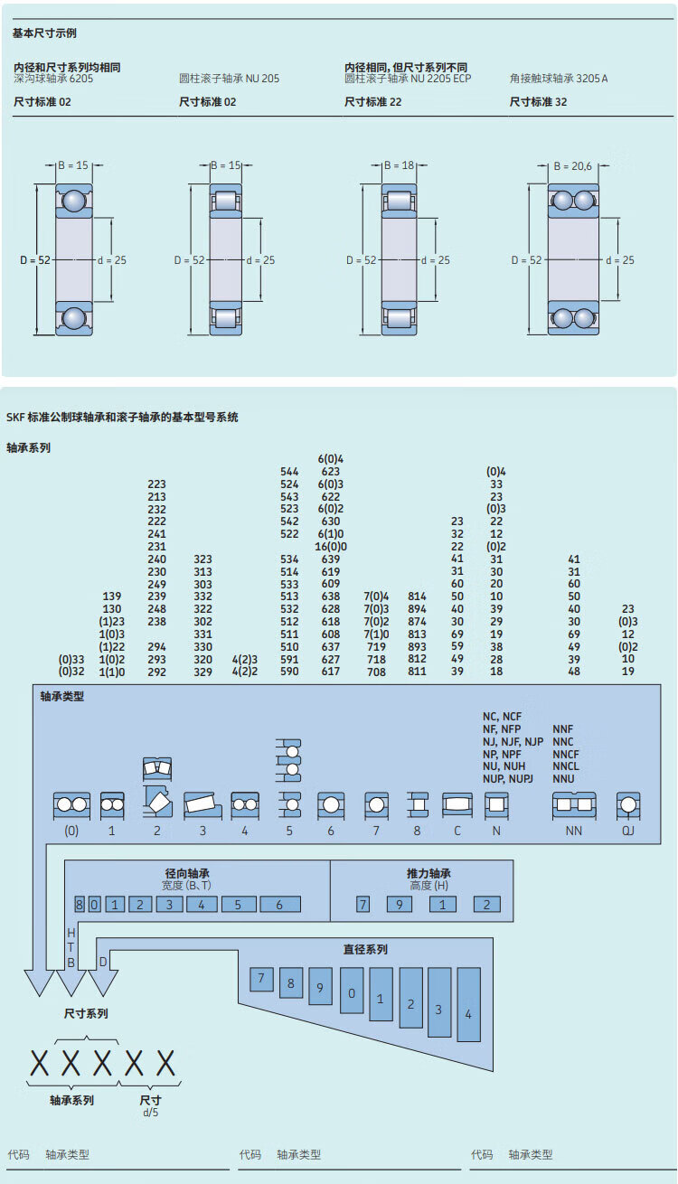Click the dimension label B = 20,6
[x=572, y=166]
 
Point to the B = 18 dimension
[x=399, y=165]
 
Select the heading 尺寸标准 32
[x=539, y=102]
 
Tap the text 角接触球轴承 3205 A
[x=559, y=79]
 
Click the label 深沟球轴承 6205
[x=53, y=79]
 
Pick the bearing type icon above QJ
[x=628, y=804]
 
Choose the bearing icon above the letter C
[x=457, y=804]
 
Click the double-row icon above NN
[x=574, y=804]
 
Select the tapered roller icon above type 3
[x=202, y=804]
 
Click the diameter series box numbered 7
[x=260, y=978]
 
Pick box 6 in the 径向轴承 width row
[x=280, y=905]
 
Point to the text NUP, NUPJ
[x=508, y=778]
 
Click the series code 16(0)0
[x=331, y=546]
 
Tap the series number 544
[x=289, y=471]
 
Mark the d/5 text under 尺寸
[x=150, y=1113]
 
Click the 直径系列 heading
[x=365, y=949]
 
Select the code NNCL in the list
[x=566, y=766]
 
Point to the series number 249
[x=156, y=584]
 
